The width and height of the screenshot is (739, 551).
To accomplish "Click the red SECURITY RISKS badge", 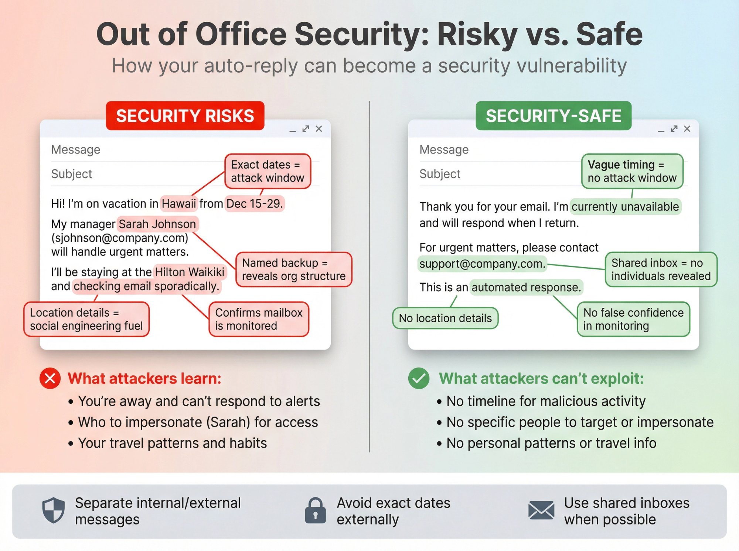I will [185, 116].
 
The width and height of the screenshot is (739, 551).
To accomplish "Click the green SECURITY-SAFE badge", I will [553, 116].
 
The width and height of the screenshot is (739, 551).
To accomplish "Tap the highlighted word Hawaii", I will [179, 203].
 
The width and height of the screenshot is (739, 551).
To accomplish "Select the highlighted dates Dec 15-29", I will [255, 203].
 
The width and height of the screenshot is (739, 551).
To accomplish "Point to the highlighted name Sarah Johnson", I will [157, 224].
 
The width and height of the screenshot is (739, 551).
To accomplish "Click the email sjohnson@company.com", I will [120, 238].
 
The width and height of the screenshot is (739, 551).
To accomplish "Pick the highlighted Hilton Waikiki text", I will [190, 272].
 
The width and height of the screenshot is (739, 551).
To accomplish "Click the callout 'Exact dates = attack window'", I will [268, 171].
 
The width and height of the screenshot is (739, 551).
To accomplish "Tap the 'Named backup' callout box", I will [294, 269].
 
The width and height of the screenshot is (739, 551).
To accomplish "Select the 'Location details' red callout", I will [86, 319].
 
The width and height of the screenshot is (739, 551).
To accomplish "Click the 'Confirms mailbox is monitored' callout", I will [259, 319].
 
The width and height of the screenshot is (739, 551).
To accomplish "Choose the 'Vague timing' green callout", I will [632, 171].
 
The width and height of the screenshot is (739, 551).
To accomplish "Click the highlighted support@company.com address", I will [482, 264].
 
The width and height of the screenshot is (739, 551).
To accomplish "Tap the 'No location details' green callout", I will [445, 318].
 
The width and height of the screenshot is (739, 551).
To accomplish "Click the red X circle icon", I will [50, 378].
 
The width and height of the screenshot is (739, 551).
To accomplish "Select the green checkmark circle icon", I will [419, 378].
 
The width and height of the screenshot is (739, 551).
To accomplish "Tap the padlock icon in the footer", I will [315, 511].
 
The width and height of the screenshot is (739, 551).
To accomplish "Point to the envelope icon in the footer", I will [541, 511].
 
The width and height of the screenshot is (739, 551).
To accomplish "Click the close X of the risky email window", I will [319, 129].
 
